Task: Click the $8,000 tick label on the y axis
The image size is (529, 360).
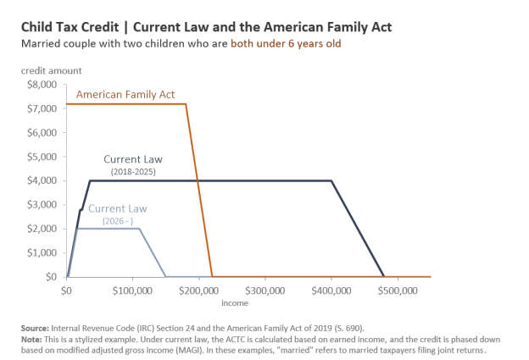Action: (x=42, y=85)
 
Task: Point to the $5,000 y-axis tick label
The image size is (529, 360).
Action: (x=42, y=157)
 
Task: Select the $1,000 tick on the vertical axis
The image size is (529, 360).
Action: (x=42, y=252)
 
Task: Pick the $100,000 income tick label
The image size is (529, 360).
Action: (x=132, y=290)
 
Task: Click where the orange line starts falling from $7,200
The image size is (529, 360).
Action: (x=186, y=104)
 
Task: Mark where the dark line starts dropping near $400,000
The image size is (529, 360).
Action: (x=331, y=180)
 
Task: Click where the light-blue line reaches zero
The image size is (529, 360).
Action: (x=165, y=276)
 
